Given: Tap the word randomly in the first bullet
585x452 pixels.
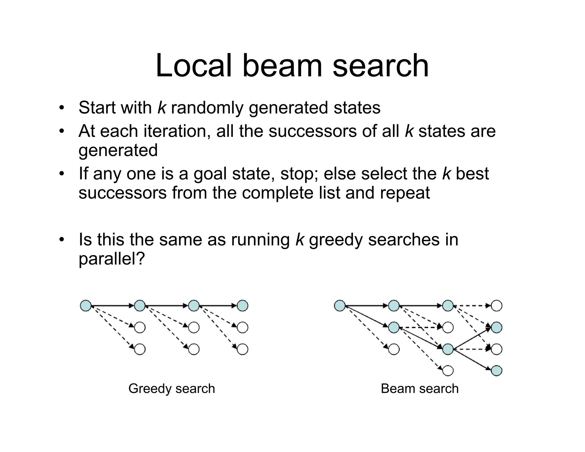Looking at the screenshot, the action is [x=207, y=108].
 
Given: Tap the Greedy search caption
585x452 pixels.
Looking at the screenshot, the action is [x=171, y=389].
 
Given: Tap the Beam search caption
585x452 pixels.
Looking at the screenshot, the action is [x=419, y=389].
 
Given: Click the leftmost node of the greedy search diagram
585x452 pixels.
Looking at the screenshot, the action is [x=86, y=305].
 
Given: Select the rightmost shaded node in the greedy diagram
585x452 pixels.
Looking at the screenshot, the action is [x=243, y=305].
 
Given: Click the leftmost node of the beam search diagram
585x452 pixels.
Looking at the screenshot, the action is [x=340, y=305].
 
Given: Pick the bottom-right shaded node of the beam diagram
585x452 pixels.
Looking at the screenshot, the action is [x=496, y=371].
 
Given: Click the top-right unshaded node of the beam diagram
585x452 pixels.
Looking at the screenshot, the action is [x=496, y=305].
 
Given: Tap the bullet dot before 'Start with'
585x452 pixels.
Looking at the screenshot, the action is [x=61, y=108].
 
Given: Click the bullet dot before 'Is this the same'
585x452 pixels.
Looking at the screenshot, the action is [x=61, y=240].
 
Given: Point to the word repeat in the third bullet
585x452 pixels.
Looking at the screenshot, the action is [x=405, y=193].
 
